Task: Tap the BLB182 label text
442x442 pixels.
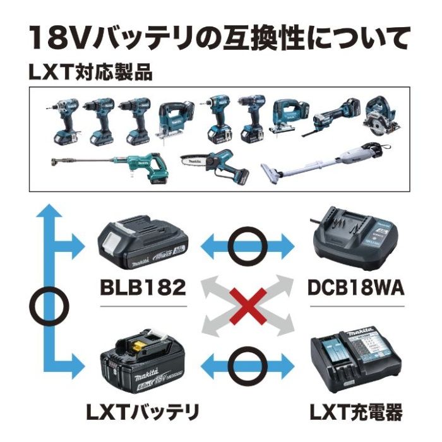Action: tap(143, 288)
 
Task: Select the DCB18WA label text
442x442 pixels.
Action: tap(358, 288)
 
